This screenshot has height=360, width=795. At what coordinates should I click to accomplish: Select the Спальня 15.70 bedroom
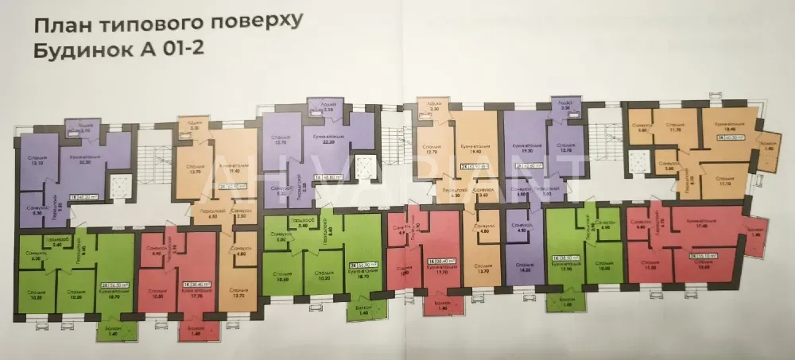(x=278, y=140)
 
